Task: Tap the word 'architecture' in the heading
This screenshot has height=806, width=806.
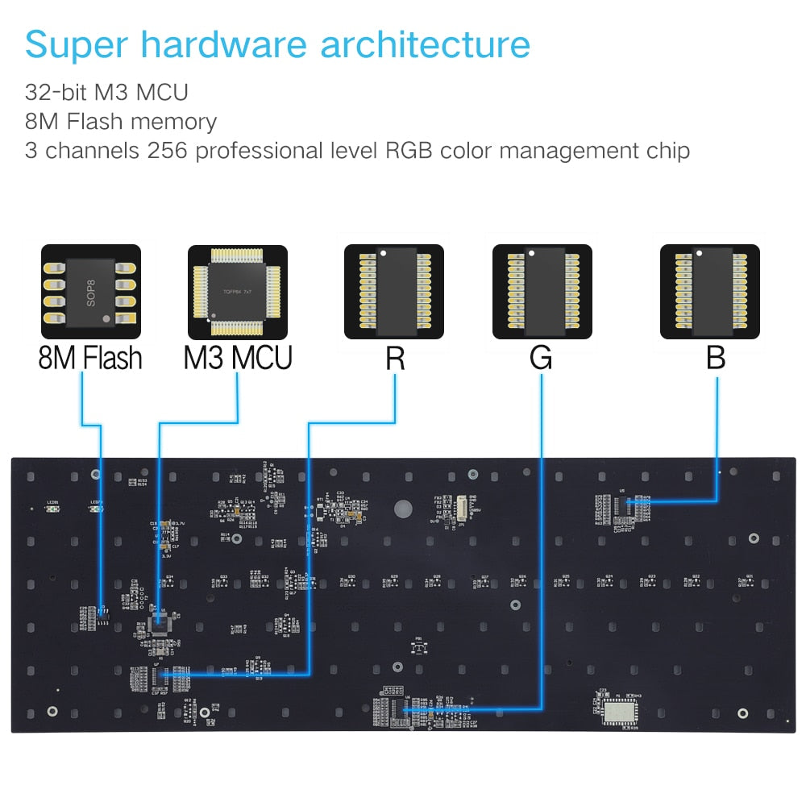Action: [x=425, y=44]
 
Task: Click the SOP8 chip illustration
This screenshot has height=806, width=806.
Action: [x=90, y=291]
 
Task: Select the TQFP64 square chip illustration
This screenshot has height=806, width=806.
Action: [x=238, y=291]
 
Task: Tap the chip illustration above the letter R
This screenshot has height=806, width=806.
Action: [x=393, y=291]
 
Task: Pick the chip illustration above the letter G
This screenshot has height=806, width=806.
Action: [x=542, y=291]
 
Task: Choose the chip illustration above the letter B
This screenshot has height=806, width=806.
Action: [x=709, y=291]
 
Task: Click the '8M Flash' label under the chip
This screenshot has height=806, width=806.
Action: [x=90, y=358]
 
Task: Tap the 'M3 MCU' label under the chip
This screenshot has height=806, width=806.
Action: [x=238, y=358]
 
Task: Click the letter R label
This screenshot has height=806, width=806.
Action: [x=394, y=358]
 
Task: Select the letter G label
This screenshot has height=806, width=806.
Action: [x=542, y=358]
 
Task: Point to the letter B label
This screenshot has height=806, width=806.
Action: [x=716, y=358]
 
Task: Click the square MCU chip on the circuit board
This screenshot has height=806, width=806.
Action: [x=160, y=620]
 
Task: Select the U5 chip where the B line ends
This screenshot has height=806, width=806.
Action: [x=623, y=505]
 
